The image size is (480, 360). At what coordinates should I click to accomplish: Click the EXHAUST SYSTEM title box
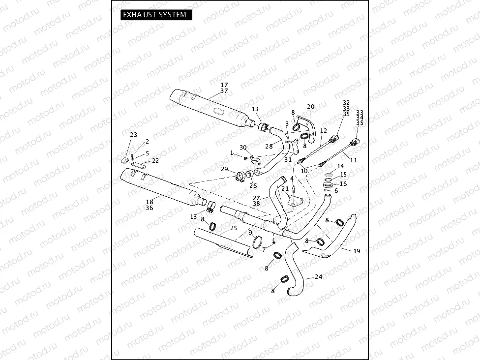tap(155, 15)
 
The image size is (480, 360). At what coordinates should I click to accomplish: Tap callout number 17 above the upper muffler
tap(224, 85)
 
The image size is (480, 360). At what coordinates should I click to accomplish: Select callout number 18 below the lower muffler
tap(150, 201)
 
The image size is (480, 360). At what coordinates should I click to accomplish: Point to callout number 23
tap(133, 135)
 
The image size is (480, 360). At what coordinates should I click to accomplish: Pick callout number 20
tap(310, 107)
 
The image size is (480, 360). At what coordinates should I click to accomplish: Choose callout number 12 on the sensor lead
tap(323, 131)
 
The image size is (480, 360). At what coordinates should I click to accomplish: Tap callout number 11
tap(353, 160)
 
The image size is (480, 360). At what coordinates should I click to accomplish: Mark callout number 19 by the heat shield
tap(357, 251)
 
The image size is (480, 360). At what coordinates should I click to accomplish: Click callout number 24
tap(318, 277)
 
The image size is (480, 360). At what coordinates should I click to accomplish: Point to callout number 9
tap(250, 232)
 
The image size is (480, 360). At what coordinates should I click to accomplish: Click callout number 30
tap(243, 148)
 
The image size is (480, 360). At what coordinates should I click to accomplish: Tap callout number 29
tap(224, 169)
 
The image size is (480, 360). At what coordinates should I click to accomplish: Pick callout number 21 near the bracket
tap(285, 189)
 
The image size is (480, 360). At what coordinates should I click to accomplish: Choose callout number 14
tap(340, 167)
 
